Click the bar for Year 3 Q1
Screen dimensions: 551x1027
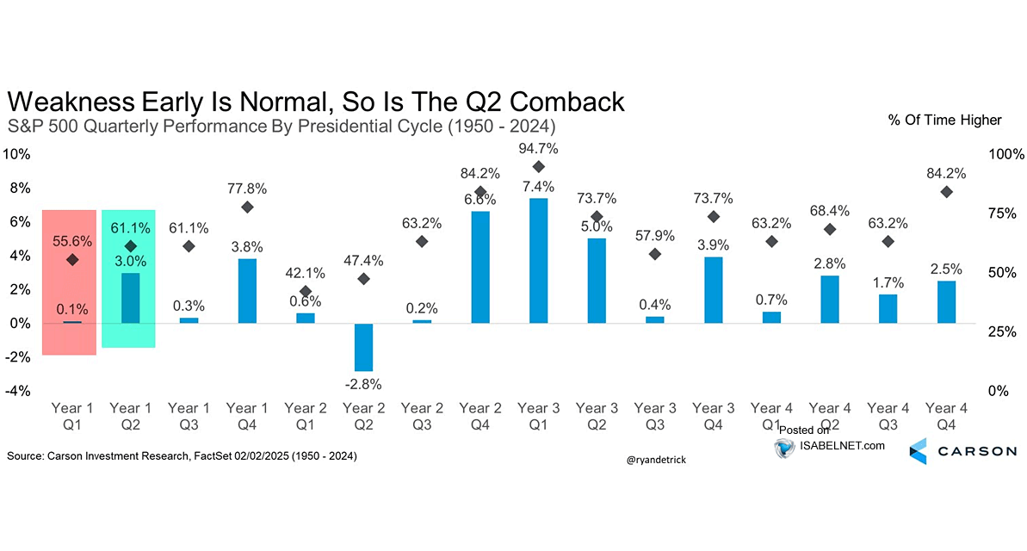click(538, 261)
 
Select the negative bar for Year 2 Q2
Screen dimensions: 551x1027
click(363, 347)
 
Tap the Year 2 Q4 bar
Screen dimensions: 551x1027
click(479, 268)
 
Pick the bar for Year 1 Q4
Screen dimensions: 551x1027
click(246, 291)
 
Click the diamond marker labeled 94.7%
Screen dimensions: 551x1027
click(539, 167)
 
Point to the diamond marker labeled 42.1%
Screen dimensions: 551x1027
click(305, 292)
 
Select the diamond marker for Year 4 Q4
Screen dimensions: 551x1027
click(946, 192)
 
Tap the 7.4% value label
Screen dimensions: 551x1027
click(539, 187)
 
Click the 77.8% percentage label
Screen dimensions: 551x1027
click(246, 188)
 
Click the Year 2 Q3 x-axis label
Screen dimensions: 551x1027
click(422, 416)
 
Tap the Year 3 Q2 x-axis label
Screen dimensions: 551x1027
click(597, 416)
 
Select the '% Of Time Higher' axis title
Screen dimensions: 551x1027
click(944, 121)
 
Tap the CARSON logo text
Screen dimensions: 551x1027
click(975, 451)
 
